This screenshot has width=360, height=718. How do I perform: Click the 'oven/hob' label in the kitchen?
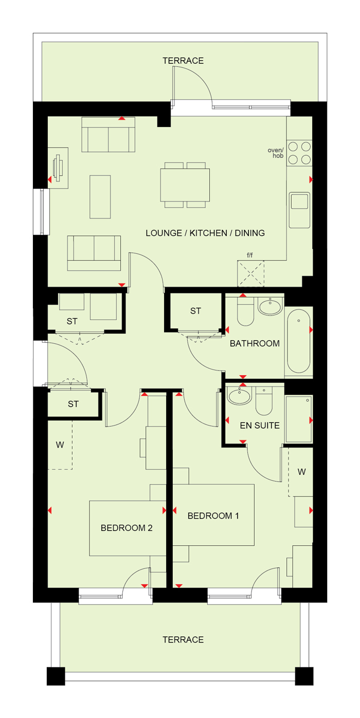pyautogui.click(x=276, y=152)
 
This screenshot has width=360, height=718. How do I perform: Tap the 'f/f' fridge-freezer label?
pyautogui.click(x=250, y=254)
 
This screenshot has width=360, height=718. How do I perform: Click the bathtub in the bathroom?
pyautogui.click(x=299, y=341)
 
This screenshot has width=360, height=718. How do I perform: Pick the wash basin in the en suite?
pyautogui.click(x=239, y=397)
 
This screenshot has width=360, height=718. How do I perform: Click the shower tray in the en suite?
pyautogui.click(x=298, y=419)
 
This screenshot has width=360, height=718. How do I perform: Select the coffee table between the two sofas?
pyautogui.click(x=100, y=196)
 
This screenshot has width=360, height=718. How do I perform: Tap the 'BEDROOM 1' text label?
pyautogui.click(x=213, y=516)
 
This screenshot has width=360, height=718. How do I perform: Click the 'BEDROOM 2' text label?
pyautogui.click(x=127, y=527)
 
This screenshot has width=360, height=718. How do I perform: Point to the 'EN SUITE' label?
pyautogui.click(x=260, y=426)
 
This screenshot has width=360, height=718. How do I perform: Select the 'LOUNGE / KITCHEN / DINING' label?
pyautogui.click(x=205, y=233)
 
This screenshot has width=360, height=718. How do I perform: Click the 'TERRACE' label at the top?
pyautogui.click(x=183, y=61)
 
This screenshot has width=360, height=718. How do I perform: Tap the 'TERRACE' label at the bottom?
pyautogui.click(x=183, y=639)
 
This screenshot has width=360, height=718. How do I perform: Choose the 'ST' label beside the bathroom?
pyautogui.click(x=195, y=311)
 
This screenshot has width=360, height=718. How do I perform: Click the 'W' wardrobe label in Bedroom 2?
pyautogui.click(x=60, y=445)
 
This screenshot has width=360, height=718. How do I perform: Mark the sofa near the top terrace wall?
pyautogui.click(x=109, y=135)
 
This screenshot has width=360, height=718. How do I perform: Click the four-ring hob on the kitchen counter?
pyautogui.click(x=299, y=153)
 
